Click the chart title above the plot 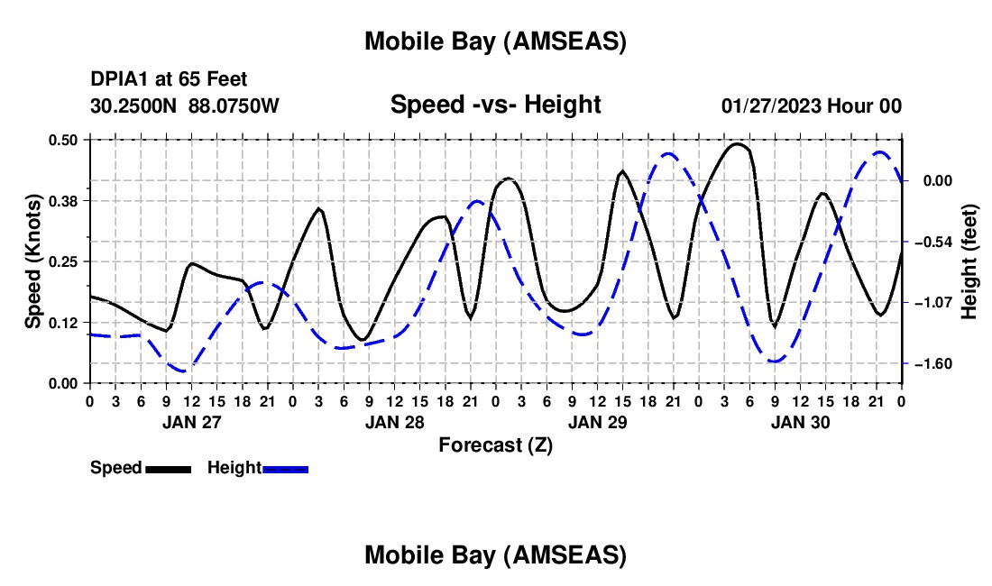point(495,41)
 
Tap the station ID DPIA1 point(118,80)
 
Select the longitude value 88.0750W point(234,105)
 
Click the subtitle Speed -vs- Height point(495,105)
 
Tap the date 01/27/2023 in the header point(771,105)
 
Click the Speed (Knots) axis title point(33,261)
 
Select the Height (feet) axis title point(970,261)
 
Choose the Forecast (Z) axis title point(495,444)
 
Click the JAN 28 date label point(394,421)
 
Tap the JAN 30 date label point(800,421)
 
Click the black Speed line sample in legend point(168,468)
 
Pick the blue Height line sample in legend point(286,468)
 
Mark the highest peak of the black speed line point(738,143)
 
